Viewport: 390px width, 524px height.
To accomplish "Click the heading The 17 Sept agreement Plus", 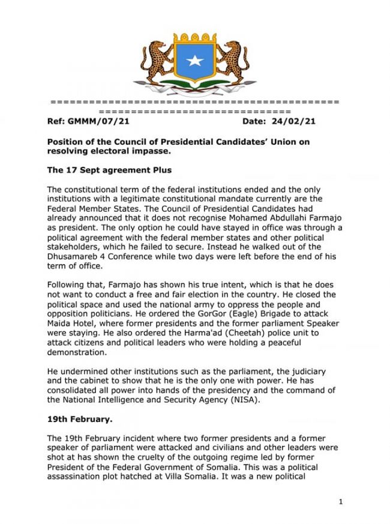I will point(107,170).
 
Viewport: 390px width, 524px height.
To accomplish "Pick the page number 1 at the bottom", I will point(340,502).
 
